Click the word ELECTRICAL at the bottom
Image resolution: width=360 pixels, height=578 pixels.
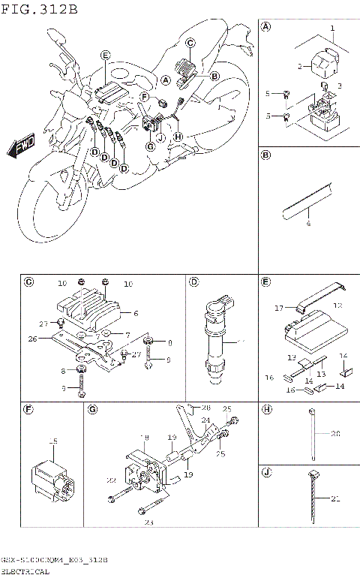pos(25,571)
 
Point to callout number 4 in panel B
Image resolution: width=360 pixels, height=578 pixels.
pos(307,224)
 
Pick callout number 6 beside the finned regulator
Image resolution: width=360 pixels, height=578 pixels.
pos(136,313)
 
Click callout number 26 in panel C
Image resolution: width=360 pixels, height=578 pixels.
pos(32,339)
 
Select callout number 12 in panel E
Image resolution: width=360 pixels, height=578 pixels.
pos(337,306)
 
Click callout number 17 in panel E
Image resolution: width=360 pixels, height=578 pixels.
pos(279,307)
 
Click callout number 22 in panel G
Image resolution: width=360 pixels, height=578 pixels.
pos(110,480)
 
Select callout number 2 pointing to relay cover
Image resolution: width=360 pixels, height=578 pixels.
pos(298,67)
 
